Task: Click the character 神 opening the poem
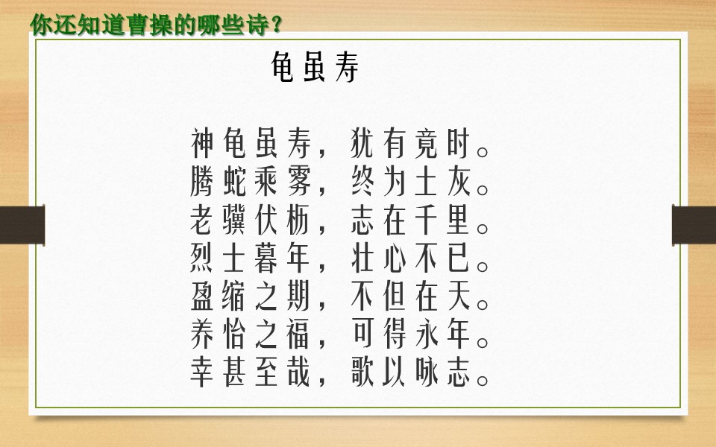pyautogui.click(x=202, y=142)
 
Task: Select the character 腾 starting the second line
pyautogui.click(x=202, y=181)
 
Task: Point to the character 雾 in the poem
pyautogui.click(x=300, y=181)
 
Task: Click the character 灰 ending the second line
pyautogui.click(x=459, y=181)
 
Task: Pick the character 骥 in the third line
pyautogui.click(x=235, y=220)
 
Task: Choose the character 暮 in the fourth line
pyautogui.click(x=267, y=259)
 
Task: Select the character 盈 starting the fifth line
pyautogui.click(x=202, y=297)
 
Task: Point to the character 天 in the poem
pyautogui.click(x=459, y=297)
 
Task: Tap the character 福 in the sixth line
pyautogui.click(x=300, y=336)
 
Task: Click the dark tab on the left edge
pyautogui.click(x=22, y=224)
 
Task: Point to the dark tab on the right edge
pyautogui.click(x=694, y=224)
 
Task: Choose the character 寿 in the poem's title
pyautogui.click(x=348, y=70)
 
